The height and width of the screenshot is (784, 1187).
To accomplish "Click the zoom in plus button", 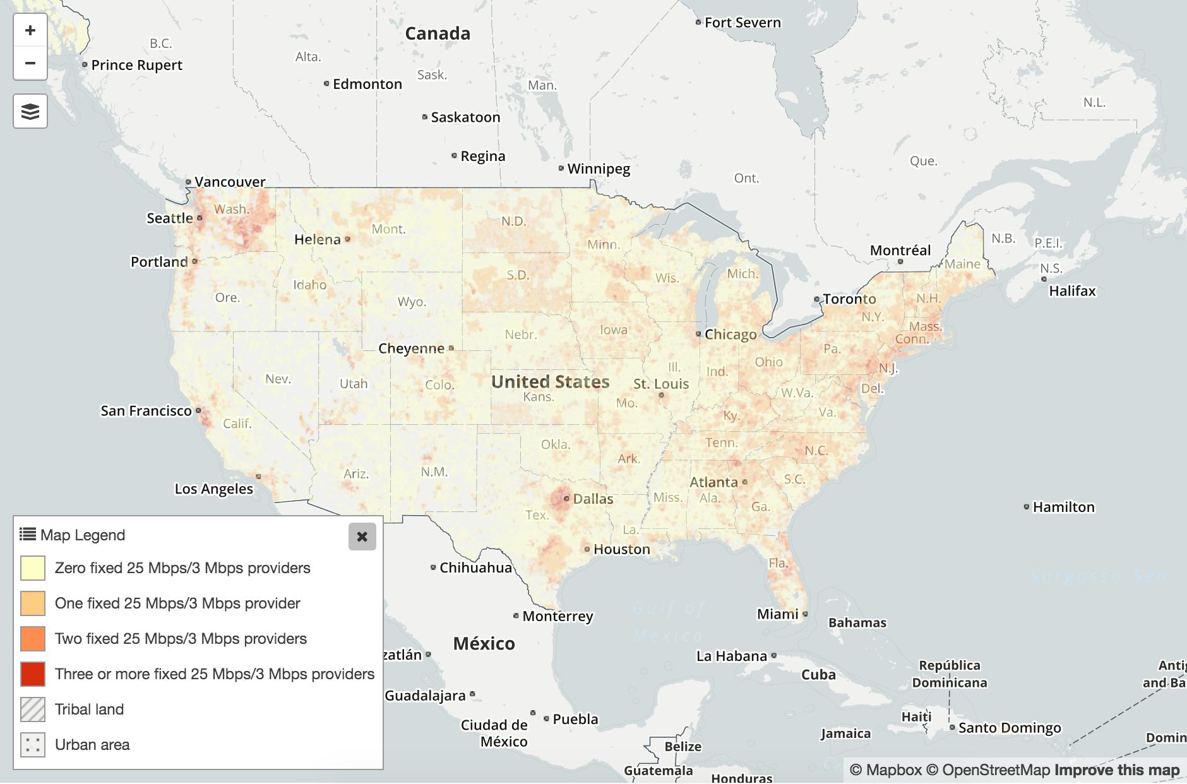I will (30, 30).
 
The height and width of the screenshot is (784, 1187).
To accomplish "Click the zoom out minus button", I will (30, 63).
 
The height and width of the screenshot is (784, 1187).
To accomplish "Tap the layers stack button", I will (30, 112).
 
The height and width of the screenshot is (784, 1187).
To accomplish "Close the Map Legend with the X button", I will (362, 537).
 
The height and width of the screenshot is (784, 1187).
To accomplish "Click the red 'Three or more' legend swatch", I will (33, 674).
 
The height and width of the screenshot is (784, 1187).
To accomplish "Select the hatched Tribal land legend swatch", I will (33, 710).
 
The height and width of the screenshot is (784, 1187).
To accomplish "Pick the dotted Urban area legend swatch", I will (33, 745).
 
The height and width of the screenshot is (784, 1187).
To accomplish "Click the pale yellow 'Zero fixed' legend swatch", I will (33, 568).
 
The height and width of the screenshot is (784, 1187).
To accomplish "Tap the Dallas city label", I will (593, 499).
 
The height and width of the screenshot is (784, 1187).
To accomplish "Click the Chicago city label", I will (730, 335).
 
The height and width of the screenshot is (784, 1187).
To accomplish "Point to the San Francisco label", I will (146, 411).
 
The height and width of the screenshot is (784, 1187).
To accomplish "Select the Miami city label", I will (777, 614).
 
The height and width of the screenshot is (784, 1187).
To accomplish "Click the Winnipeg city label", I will (598, 169).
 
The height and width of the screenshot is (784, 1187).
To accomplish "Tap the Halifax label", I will (1072, 291).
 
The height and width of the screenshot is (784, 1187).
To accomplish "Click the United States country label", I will (550, 382).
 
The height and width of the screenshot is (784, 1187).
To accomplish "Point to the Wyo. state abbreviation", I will (412, 302).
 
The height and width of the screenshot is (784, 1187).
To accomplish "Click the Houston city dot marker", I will (587, 549).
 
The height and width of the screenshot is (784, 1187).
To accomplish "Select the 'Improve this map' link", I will (1116, 770).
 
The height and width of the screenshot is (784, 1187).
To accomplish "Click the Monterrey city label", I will (558, 616).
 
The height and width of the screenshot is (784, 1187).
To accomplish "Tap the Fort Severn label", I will (743, 23).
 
